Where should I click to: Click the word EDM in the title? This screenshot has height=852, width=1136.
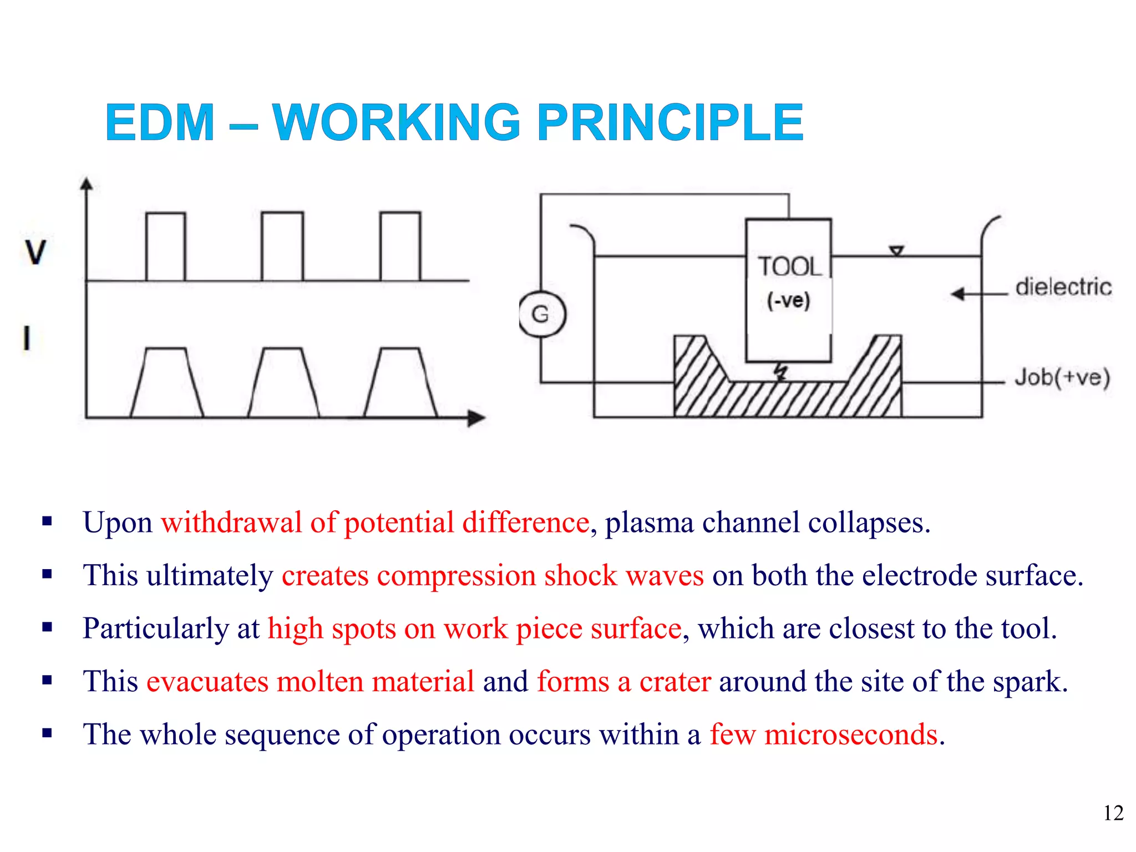tap(160, 123)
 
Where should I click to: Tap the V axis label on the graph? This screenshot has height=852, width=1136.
tap(35, 252)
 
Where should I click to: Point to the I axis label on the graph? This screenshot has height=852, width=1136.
tap(26, 338)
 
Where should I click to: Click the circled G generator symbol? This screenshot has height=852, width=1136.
tap(541, 315)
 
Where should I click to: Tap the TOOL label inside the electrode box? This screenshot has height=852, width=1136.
tap(788, 267)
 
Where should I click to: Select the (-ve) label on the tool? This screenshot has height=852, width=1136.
tap(788, 301)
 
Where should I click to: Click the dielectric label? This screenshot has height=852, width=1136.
tap(1063, 287)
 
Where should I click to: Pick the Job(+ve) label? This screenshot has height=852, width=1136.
tap(1062, 378)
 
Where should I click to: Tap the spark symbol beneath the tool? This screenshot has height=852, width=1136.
tap(781, 372)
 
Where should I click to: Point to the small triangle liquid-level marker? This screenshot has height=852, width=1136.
tap(896, 251)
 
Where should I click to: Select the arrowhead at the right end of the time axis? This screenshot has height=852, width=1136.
tap(476, 418)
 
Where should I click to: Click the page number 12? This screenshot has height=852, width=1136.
tap(1113, 813)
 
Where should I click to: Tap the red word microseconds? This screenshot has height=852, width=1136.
tap(851, 734)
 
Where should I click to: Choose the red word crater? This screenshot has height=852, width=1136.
tap(675, 681)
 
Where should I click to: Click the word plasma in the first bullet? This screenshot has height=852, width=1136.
tap(649, 523)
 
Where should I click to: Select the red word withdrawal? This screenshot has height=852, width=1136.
tap(231, 523)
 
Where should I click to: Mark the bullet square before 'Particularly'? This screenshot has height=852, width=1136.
tap(47, 628)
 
